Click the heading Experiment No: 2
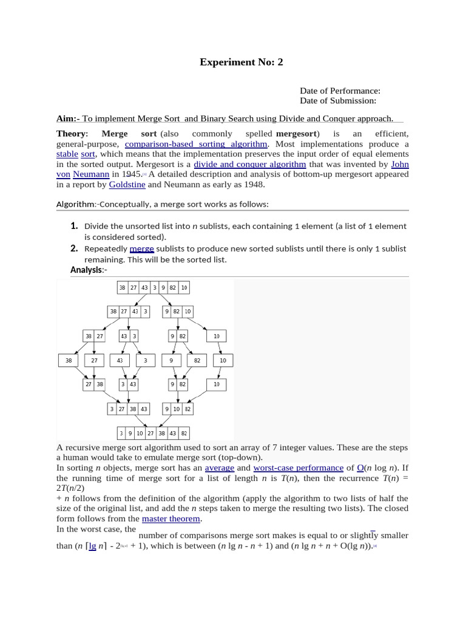(241, 62)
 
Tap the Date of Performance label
(340, 91)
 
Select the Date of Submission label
(338, 101)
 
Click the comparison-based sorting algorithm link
(196, 144)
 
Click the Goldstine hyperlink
(127, 185)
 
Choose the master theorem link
(171, 519)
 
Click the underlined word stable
(67, 154)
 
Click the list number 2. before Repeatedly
(74, 248)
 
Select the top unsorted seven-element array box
(152, 287)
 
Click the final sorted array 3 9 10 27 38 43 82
(153, 434)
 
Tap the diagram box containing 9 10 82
(177, 409)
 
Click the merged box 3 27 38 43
(129, 409)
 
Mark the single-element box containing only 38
(69, 360)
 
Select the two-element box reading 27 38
(94, 384)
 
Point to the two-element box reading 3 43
(129, 384)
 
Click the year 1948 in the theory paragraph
(255, 185)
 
